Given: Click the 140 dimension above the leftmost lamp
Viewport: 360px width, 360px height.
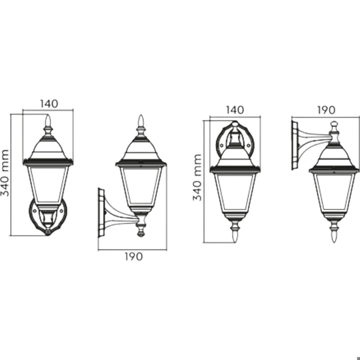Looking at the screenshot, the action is (49, 104).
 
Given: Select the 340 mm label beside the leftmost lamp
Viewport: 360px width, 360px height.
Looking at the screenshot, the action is (5, 173).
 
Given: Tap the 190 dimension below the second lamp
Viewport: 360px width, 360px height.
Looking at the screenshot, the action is (134, 257).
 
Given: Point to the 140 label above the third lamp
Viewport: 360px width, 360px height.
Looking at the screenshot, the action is (235, 110).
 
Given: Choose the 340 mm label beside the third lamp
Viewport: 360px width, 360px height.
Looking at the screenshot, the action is (197, 177).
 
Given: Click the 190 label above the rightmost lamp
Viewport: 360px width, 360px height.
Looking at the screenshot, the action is (326, 110).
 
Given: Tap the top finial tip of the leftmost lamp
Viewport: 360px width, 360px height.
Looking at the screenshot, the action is (48, 115).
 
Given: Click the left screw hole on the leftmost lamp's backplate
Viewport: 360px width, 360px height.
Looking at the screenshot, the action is (35, 210).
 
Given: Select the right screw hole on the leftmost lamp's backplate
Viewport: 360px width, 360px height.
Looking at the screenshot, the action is (62, 210).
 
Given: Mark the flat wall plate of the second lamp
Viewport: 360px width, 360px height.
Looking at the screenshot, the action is (101, 212).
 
